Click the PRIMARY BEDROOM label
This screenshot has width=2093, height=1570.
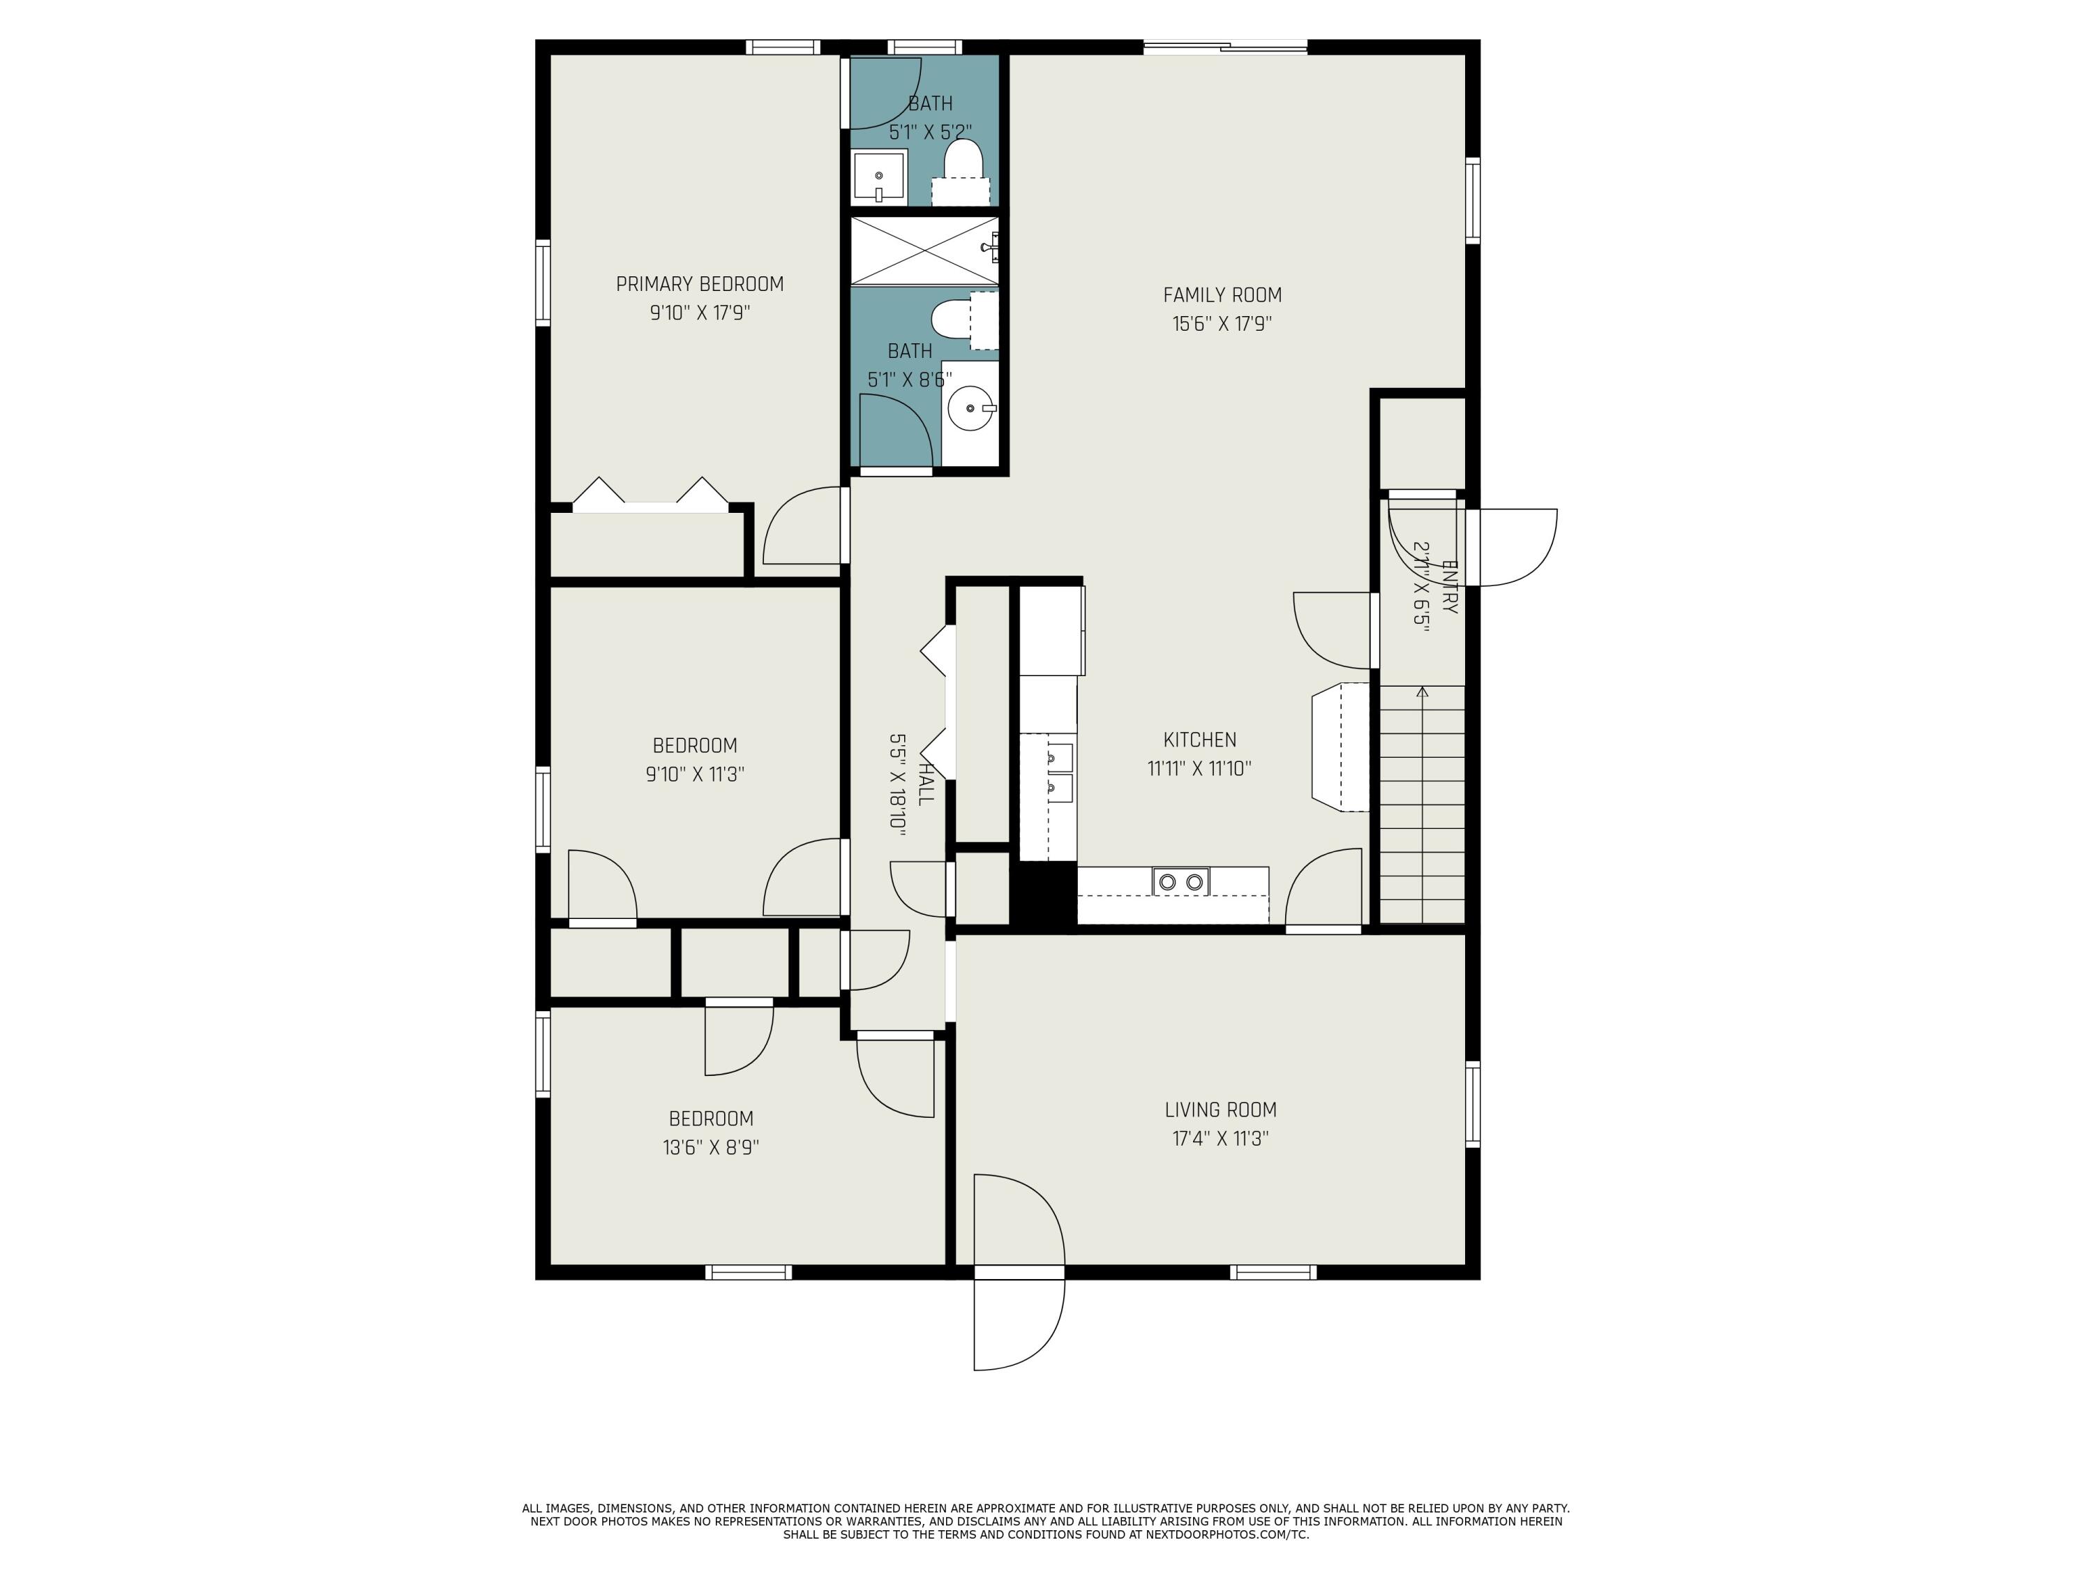tap(699, 284)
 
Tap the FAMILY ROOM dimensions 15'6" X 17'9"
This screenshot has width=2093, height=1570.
tap(1222, 324)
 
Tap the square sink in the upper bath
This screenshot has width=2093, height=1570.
tap(879, 177)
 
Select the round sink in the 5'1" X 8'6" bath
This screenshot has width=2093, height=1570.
tap(970, 409)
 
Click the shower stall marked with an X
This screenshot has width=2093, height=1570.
tap(924, 250)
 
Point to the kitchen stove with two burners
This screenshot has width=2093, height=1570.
tap(1181, 882)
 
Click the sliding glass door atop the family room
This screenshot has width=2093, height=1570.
tap(1225, 46)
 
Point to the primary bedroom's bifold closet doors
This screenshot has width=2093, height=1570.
tap(650, 498)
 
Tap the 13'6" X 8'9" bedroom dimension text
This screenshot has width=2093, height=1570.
tap(711, 1148)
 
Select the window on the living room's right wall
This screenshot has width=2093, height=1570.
tap(1472, 1105)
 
